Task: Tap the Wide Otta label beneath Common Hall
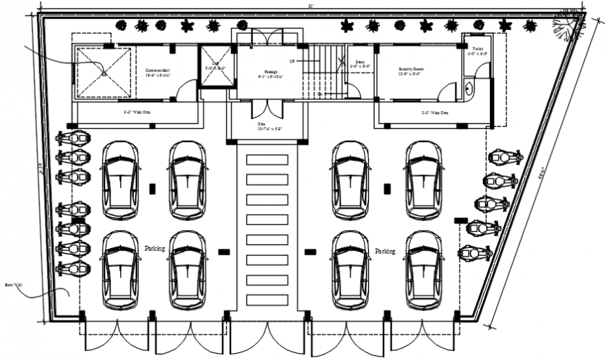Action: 138,111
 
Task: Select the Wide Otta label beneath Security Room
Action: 434,112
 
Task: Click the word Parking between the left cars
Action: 155,249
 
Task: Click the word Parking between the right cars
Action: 385,251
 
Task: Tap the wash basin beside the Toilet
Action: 468,88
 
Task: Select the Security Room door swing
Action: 445,90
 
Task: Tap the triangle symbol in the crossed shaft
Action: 104,70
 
